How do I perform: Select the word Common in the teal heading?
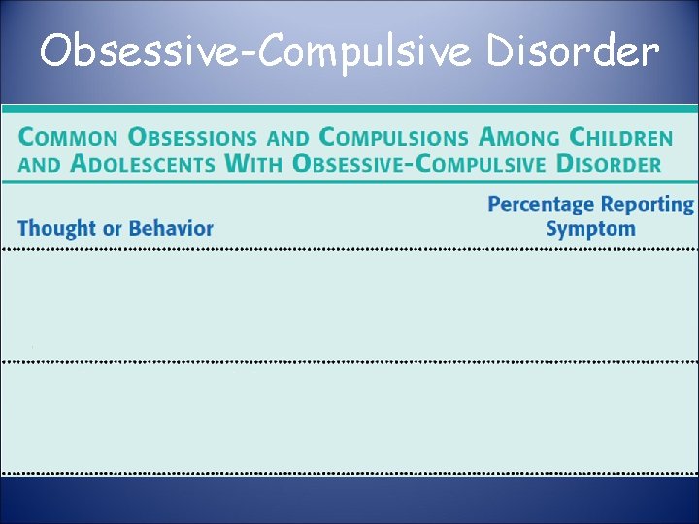tap(66, 138)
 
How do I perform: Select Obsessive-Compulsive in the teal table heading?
tap(420, 164)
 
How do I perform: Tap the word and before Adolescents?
tap(38, 165)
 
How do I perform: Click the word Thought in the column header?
tap(56, 229)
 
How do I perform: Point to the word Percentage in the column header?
tap(542, 205)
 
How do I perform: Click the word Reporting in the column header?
tap(648, 205)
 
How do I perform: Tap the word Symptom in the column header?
tap(590, 229)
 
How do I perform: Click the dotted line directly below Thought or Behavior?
tap(116, 249)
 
